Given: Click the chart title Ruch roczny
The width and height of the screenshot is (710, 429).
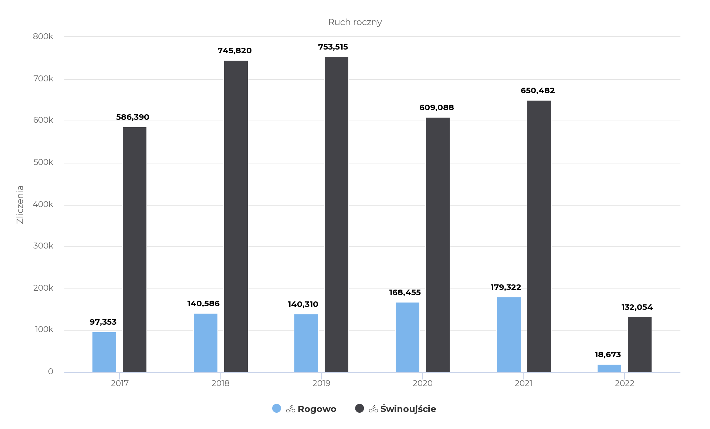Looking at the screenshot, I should (355, 22).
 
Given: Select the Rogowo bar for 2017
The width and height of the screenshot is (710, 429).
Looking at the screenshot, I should (104, 352).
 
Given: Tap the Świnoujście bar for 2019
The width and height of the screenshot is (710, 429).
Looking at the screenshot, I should (336, 214).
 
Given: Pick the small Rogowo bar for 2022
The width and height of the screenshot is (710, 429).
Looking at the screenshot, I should (609, 368).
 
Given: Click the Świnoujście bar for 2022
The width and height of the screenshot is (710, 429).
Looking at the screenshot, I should (639, 345).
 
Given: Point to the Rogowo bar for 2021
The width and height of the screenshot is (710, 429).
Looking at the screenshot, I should (508, 335).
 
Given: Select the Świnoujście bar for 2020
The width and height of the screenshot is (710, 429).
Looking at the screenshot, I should (437, 245).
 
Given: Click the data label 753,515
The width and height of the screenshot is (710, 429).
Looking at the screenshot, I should (333, 47).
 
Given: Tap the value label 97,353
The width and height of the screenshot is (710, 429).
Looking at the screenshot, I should (103, 322).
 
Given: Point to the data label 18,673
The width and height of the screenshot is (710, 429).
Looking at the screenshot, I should (608, 355).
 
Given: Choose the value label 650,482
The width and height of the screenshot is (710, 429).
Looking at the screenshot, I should (537, 91).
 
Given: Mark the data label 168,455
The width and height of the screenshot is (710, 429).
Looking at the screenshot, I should (405, 293).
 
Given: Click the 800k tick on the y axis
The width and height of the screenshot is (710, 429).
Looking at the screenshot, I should (43, 36).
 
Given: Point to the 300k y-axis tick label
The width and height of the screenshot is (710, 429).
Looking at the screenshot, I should (43, 246).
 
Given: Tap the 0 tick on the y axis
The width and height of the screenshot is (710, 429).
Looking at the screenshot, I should (50, 372).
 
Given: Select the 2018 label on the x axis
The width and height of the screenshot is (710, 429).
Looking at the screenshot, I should (220, 384).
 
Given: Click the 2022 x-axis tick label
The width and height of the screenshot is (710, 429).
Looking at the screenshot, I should (624, 384).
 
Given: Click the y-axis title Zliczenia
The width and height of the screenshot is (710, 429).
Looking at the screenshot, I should (20, 205).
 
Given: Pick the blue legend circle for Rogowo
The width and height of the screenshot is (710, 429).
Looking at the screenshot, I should (277, 408).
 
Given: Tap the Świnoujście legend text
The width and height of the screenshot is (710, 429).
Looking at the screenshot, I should (408, 409).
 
